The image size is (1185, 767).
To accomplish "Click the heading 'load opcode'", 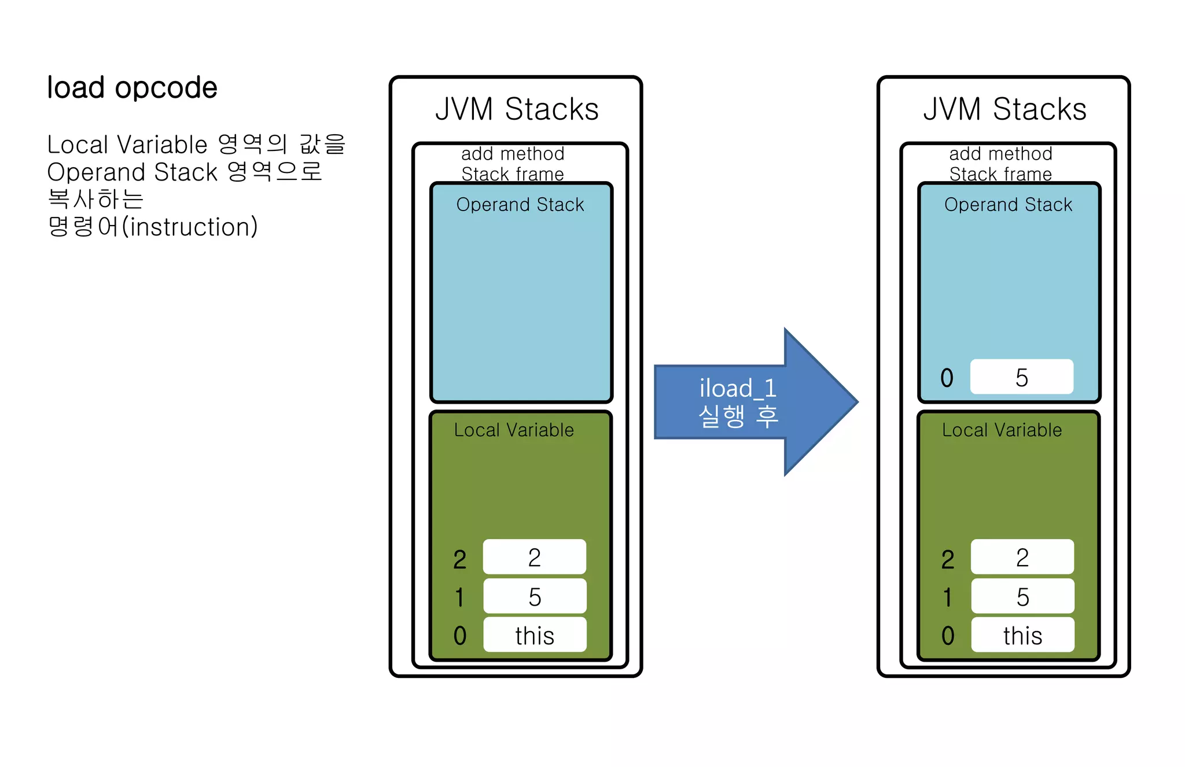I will pos(132,89).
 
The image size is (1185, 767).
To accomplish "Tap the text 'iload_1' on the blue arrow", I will pos(737,388).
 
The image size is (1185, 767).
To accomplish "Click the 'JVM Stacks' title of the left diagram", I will pos(517,109).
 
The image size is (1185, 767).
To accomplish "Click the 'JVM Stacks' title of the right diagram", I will pos(1004,109).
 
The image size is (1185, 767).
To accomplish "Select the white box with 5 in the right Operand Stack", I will pos(1021,377).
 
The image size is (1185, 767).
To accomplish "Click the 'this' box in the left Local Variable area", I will pos(535,635).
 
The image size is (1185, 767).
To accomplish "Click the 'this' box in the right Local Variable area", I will pos(1022,635).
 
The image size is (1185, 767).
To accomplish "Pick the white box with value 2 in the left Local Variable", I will pos(534,557).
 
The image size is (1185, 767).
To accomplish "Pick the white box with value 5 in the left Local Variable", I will pos(534,596).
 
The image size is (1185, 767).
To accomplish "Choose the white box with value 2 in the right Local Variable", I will pos(1022,557).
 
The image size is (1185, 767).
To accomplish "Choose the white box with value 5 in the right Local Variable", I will pos(1022,596).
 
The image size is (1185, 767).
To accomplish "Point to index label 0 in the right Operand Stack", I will pos(947,378).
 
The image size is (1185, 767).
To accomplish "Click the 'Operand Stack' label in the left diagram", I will pos(520,205).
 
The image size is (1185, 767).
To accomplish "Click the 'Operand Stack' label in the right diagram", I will pos(1008,205).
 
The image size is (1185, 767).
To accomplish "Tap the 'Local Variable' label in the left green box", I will pos(514,430).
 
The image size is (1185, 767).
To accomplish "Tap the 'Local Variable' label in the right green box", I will pos(1002,430).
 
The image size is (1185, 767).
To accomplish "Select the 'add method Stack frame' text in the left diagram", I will pos(513,164).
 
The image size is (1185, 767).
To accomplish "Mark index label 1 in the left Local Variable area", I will pos(459,598).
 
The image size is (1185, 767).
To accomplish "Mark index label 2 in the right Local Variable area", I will pos(947,559).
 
